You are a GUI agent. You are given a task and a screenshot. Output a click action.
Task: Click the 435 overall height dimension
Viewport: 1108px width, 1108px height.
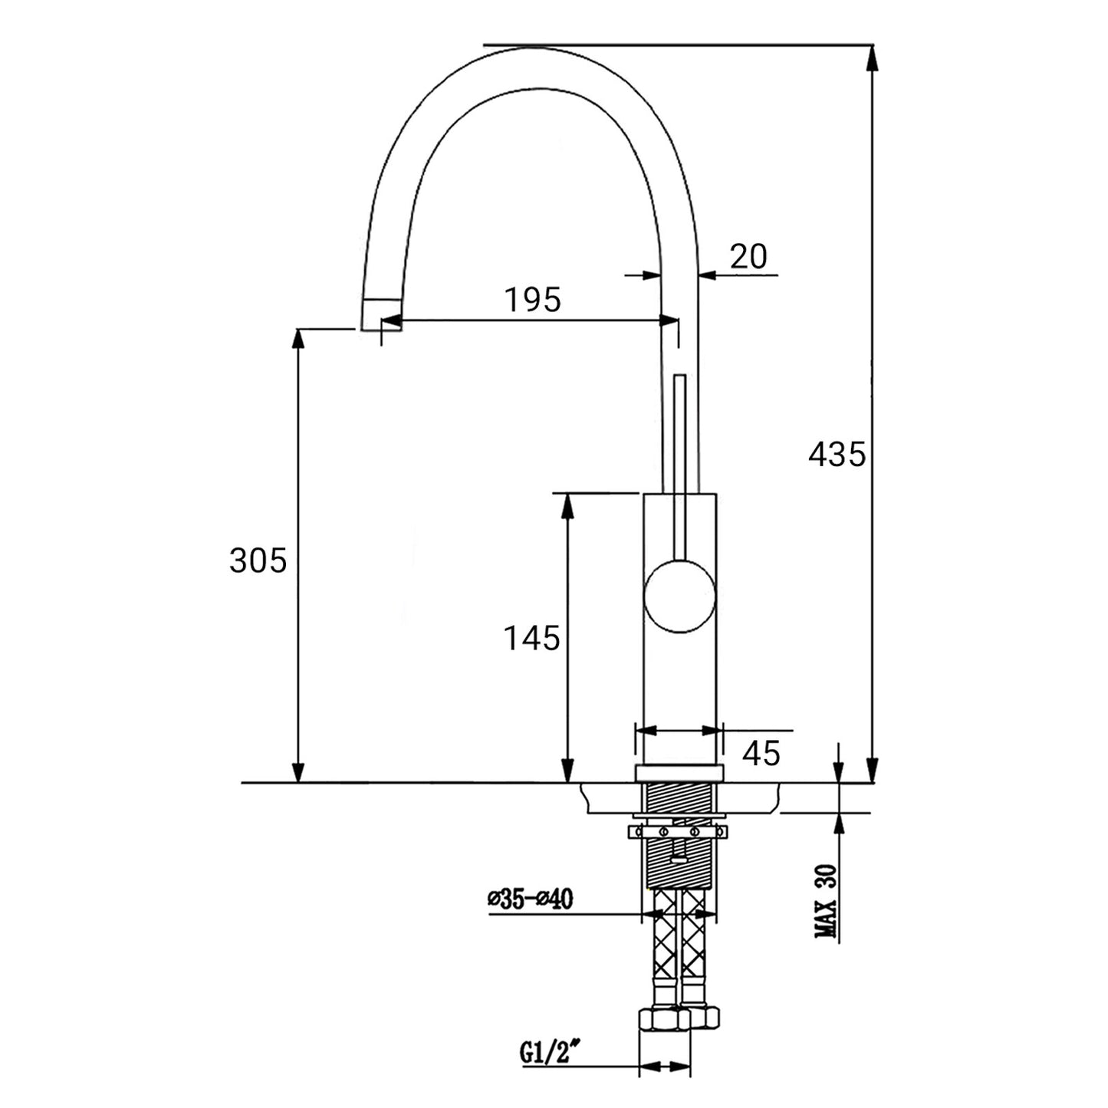click(836, 454)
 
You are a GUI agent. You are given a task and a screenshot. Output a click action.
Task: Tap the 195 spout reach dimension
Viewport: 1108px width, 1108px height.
click(532, 299)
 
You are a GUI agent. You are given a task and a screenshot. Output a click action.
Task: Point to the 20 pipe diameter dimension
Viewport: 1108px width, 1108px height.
click(748, 256)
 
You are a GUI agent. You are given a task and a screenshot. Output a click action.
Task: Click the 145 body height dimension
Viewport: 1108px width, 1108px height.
click(531, 638)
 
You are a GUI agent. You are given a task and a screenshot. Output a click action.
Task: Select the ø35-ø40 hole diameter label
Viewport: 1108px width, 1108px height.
click(530, 899)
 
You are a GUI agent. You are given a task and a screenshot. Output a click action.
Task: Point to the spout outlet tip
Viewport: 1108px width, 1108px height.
click(380, 315)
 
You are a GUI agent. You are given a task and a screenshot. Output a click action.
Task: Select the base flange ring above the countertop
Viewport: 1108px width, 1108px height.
click(679, 774)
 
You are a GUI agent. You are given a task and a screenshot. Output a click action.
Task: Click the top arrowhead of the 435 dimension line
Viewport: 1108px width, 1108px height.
click(873, 58)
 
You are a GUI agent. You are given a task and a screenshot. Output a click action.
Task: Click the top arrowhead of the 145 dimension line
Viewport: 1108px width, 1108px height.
click(567, 507)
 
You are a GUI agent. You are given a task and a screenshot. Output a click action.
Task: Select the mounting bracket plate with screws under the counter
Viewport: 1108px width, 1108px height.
click(678, 831)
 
